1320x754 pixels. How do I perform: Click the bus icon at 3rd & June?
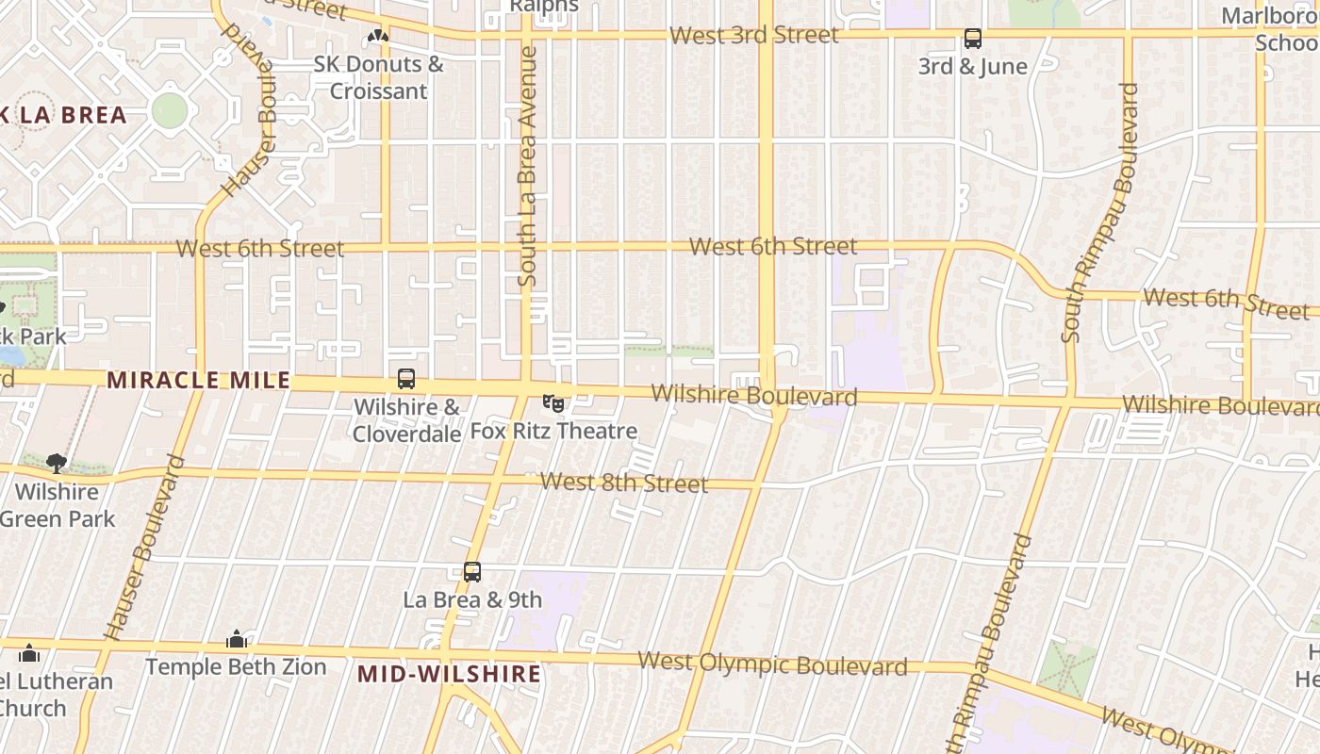[x=973, y=40]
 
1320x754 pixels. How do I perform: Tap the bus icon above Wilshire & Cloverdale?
[x=406, y=379]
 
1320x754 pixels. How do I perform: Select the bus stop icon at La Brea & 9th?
[x=472, y=571]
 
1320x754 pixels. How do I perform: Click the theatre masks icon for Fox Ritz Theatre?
[x=554, y=403]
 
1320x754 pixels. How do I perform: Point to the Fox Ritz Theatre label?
[x=554, y=432]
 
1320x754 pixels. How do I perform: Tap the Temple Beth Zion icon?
[x=237, y=640]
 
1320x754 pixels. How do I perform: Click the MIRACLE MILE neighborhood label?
[x=198, y=381]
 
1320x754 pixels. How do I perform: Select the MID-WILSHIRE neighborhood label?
[x=450, y=674]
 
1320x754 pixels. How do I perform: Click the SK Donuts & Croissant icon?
[x=378, y=37]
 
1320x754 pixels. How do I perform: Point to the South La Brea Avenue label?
[x=527, y=167]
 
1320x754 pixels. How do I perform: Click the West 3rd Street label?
[x=753, y=36]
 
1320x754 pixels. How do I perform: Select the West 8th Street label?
[x=623, y=483]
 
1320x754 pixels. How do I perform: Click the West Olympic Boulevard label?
[x=772, y=664]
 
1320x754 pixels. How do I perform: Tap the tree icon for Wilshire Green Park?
[x=57, y=463]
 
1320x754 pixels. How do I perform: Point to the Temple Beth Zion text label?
[x=236, y=667]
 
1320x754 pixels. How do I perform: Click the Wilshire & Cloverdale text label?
[x=406, y=420]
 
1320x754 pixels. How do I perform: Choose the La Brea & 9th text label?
[x=472, y=599]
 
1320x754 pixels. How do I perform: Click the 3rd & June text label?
[x=973, y=67]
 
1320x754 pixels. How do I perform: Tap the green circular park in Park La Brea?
[x=170, y=110]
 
